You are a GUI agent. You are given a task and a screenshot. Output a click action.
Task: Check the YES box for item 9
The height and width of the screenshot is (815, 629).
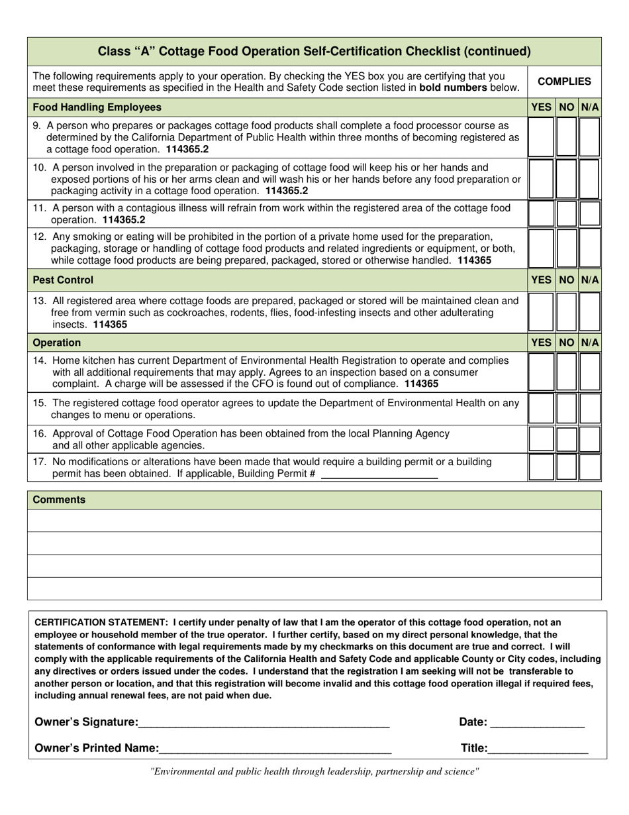[x=541, y=136]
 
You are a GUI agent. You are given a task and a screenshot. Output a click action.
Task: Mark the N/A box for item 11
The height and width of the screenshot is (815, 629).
[x=590, y=213]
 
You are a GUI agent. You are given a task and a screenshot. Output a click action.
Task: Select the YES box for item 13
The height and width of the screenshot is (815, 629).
[x=541, y=311]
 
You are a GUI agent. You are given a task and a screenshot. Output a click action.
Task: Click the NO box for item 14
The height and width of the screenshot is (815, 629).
[x=566, y=371]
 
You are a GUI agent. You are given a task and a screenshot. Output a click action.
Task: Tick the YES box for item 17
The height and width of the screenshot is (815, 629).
[x=541, y=466]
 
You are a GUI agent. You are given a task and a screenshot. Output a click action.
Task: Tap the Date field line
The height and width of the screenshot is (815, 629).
[x=537, y=724]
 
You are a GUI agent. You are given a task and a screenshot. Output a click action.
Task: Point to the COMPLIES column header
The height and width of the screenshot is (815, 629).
[x=564, y=81]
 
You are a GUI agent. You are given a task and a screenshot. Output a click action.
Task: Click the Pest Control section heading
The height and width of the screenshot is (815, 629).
[x=64, y=280]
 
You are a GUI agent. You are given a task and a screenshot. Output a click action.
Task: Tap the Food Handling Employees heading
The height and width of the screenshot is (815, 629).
[x=97, y=107]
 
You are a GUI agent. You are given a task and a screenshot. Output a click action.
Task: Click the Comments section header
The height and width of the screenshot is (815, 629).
[x=59, y=500]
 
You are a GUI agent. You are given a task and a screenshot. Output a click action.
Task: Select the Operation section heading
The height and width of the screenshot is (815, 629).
[x=57, y=343]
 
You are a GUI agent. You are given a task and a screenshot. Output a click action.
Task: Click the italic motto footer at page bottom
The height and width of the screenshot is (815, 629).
[x=314, y=771]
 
